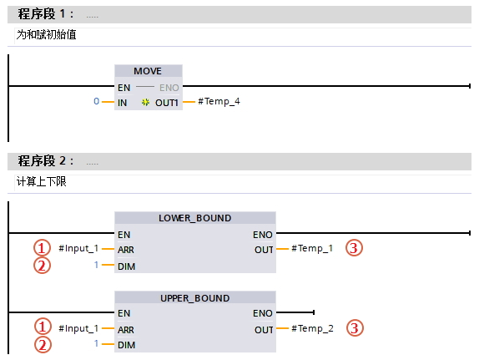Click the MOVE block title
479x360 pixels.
(148, 71)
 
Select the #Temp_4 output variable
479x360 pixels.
(219, 101)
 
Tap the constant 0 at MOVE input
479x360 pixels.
(96, 101)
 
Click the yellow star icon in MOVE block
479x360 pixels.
(145, 103)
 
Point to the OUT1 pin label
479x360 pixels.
(167, 103)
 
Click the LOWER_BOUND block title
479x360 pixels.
(195, 218)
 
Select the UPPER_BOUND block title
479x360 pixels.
(195, 298)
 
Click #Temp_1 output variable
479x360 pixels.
(312, 248)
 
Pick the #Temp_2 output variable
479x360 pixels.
(312, 328)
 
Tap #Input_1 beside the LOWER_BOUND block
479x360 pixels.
(78, 248)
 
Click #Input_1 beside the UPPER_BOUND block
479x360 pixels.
(78, 328)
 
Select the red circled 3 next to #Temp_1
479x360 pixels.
(354, 248)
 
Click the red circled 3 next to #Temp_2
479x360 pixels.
(355, 328)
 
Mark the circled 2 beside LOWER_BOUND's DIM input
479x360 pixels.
(43, 265)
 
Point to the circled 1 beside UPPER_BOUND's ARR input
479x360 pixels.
(43, 327)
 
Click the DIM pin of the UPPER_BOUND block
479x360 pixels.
(127, 345)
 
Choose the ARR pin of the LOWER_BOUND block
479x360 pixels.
(126, 250)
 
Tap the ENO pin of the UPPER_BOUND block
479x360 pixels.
(262, 313)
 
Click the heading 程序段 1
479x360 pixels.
(46, 14)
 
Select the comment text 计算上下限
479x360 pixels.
(42, 182)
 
